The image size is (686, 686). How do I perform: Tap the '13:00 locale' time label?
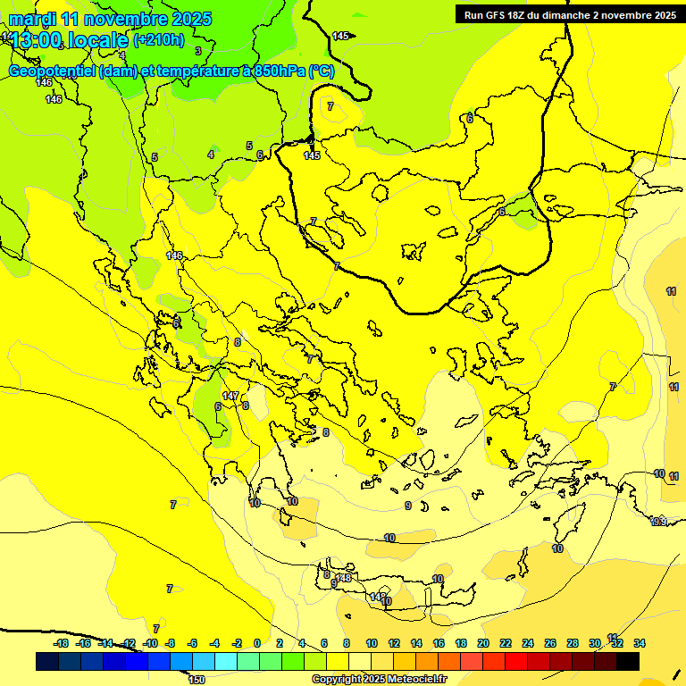click(x=71, y=40)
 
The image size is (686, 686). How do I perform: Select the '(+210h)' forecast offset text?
click(x=159, y=39)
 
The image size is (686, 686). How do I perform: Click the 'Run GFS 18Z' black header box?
click(x=570, y=14)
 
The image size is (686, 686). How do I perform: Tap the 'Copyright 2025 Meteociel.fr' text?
click(x=379, y=680)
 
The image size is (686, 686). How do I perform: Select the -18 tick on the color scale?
click(x=61, y=643)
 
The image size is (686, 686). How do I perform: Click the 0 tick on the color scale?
click(x=257, y=643)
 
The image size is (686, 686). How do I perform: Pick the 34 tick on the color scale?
click(x=640, y=643)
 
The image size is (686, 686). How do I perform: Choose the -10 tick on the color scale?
click(x=151, y=643)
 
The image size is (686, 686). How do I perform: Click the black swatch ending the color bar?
click(x=628, y=662)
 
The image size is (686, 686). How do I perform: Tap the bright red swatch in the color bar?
click(x=516, y=662)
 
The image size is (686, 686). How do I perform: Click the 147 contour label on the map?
click(x=230, y=396)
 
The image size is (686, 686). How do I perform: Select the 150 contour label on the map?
click(x=197, y=680)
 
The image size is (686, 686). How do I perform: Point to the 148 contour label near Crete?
click(x=344, y=578)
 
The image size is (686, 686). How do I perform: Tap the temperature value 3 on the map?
click(x=198, y=52)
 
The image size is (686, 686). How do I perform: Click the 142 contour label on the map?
click(x=378, y=597)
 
